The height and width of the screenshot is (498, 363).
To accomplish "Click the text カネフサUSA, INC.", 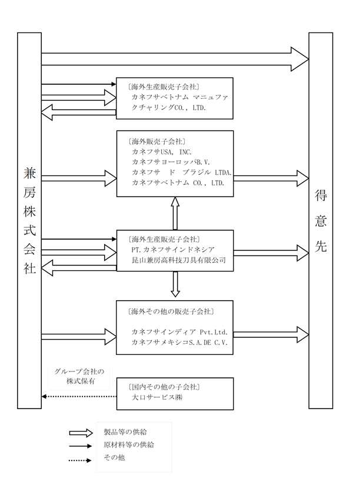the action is (x=162, y=152).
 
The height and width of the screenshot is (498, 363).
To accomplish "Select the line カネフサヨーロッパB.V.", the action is (x=171, y=162).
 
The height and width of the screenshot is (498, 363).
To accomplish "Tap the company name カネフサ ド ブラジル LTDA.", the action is (x=181, y=172).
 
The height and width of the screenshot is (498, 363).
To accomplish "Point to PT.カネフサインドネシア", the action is (x=173, y=250).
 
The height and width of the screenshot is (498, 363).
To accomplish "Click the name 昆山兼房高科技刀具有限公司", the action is (x=179, y=260).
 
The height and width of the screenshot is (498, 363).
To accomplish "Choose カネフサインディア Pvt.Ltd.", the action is (x=179, y=332).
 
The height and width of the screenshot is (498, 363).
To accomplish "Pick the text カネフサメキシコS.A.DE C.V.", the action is (x=179, y=343).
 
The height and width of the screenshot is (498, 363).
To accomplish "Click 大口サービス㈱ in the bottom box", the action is (x=156, y=397).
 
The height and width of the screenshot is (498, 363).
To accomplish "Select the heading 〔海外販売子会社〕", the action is (x=156, y=141).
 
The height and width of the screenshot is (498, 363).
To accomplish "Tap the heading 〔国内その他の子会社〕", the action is (x=164, y=387).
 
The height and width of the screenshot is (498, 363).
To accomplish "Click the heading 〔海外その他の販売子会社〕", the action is (x=171, y=311).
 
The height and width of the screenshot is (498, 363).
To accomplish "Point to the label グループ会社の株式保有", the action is (x=79, y=376).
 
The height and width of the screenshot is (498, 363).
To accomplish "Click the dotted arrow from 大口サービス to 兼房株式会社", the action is (x=79, y=396).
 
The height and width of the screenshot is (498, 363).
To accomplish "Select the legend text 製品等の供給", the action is (x=125, y=432).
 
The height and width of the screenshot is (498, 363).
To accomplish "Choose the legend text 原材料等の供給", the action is (x=128, y=444).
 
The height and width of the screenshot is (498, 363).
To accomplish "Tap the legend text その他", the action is (x=114, y=457).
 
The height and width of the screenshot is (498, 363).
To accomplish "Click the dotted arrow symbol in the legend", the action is (x=80, y=460).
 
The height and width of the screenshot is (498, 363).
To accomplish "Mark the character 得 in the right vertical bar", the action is (x=321, y=195).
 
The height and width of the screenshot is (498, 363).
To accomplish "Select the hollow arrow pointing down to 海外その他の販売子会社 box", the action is (x=175, y=284).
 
